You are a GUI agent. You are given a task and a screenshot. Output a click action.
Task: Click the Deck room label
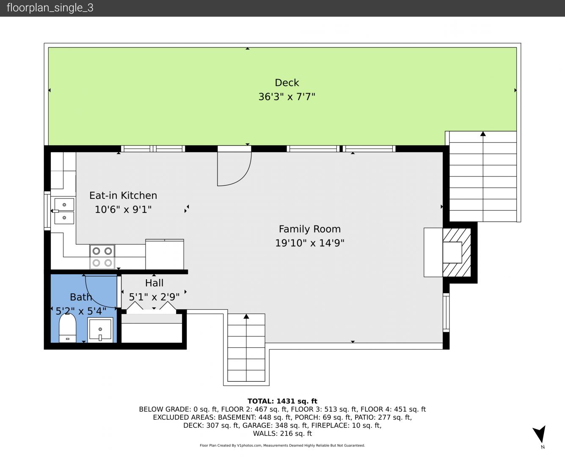[287, 83]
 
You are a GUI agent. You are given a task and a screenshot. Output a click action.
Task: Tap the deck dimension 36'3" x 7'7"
[287, 97]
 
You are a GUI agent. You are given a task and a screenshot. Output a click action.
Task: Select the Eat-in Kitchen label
[123, 195]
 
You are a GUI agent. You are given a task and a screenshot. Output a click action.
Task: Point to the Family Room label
[309, 229]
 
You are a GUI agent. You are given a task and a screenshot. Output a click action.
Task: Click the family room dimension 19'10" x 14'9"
[309, 243]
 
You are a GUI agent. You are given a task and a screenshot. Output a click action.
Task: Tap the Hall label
[154, 283]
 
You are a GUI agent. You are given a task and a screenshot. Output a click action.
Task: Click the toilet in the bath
[67, 328]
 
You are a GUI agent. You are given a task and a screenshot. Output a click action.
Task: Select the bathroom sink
[100, 330]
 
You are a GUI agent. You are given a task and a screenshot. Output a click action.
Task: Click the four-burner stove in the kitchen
[102, 257]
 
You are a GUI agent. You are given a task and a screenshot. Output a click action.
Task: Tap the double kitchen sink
[64, 211]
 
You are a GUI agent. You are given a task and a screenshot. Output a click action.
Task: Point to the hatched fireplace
[457, 253]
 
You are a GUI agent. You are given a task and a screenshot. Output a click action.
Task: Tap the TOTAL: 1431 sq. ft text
[282, 401]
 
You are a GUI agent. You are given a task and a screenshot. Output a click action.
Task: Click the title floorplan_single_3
[50, 8]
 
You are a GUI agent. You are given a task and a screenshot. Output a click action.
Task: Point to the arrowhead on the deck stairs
[483, 134]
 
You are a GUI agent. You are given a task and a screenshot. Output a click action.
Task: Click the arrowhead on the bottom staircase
[246, 316]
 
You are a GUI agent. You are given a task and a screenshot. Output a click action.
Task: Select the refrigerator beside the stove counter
[165, 254]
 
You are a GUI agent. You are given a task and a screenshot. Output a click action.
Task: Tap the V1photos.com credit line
[282, 445]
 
